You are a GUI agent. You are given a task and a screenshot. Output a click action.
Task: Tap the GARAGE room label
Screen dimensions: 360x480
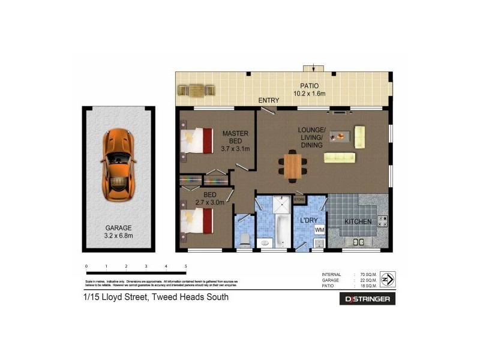(118, 228)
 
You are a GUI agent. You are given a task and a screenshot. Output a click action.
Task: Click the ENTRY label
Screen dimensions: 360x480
(269, 100)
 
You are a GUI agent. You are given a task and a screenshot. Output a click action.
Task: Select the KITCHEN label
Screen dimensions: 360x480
(358, 222)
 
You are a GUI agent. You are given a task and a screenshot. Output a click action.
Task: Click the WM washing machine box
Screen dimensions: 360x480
(319, 229)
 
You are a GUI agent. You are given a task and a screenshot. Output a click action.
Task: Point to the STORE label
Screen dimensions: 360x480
(299, 199)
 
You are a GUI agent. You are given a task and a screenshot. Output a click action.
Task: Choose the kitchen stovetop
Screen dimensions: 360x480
(382, 222)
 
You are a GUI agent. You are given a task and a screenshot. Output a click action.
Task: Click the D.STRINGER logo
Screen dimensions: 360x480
(367, 298)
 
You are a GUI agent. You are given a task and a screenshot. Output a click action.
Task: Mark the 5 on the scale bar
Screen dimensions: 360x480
(186, 266)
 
